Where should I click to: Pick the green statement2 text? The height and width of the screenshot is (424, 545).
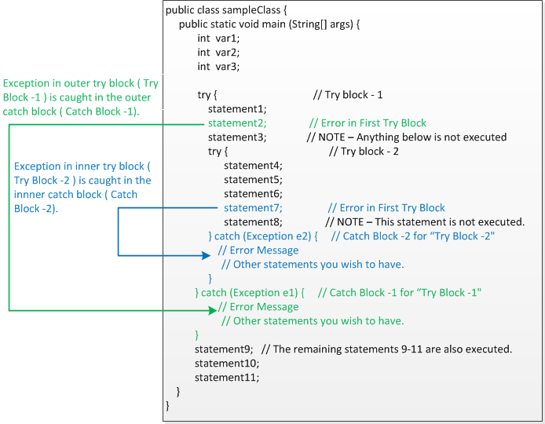(x=236, y=123)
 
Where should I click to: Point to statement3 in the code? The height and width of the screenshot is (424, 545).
(x=236, y=137)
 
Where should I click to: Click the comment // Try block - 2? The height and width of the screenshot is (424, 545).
(x=363, y=152)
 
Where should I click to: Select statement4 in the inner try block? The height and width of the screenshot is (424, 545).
(x=252, y=166)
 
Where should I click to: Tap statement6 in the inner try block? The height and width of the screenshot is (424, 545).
(x=252, y=194)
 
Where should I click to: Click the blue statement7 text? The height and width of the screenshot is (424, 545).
(x=252, y=208)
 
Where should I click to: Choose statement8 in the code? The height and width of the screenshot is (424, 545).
(x=252, y=222)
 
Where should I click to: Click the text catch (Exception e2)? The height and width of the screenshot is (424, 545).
(x=266, y=236)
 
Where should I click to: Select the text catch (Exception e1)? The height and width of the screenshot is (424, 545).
(x=252, y=293)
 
